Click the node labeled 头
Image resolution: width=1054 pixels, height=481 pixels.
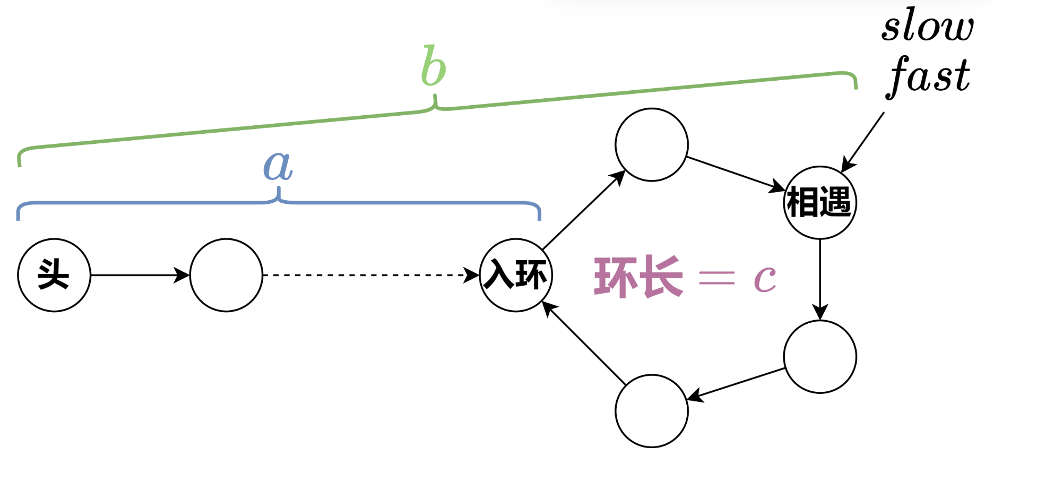(54, 275)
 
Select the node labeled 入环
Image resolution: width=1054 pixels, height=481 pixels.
(516, 275)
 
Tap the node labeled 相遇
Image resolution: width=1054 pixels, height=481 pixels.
(820, 202)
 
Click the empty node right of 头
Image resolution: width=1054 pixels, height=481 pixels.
(226, 275)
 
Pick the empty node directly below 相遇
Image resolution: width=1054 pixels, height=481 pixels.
(820, 357)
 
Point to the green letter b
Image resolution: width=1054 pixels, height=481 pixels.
(434, 66)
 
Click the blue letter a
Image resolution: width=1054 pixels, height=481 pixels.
(278, 166)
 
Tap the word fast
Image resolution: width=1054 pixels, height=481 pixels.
(929, 75)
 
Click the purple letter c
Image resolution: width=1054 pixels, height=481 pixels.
(765, 278)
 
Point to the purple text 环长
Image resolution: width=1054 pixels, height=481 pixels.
(638, 277)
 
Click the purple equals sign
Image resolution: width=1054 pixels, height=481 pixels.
(716, 277)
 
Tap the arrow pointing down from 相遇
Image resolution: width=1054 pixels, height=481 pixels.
(820, 279)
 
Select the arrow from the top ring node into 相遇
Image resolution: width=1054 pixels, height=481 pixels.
(736, 173)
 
